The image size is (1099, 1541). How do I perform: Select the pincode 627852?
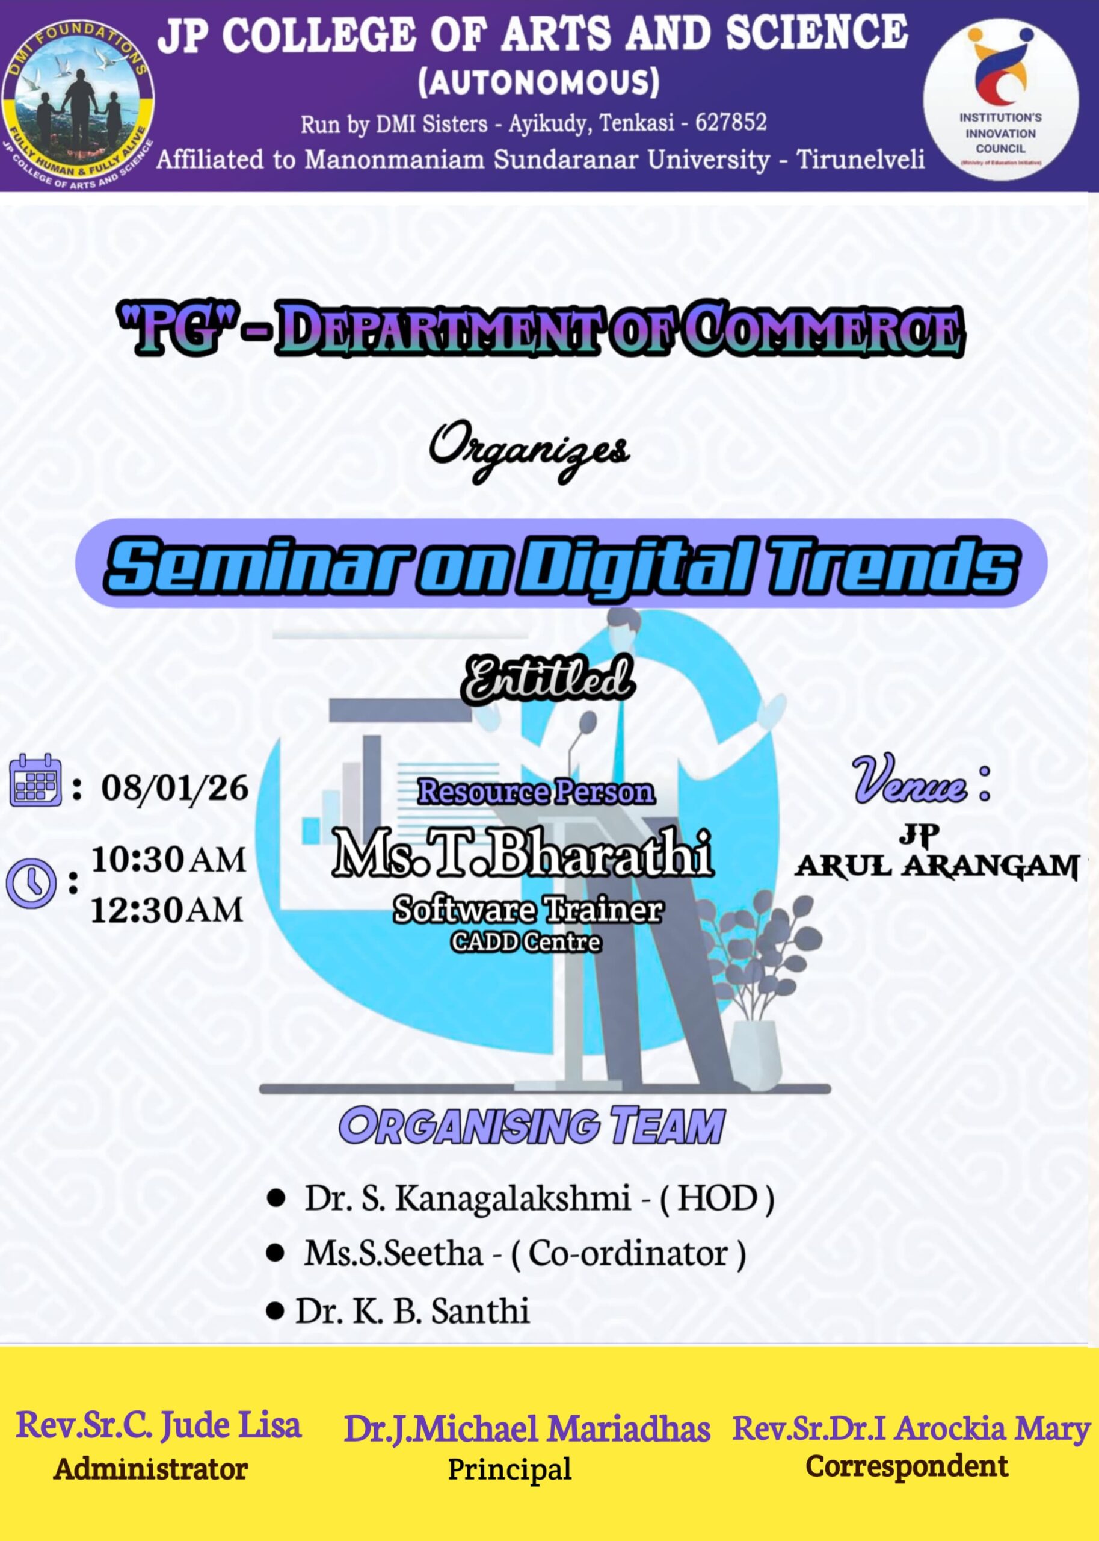click(731, 123)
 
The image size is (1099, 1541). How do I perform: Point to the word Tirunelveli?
click(860, 160)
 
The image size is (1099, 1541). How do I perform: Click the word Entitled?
click(547, 678)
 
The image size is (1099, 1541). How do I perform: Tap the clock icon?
click(31, 882)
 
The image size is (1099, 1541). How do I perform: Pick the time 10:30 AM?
click(168, 859)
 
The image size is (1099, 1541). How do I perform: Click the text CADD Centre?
click(526, 942)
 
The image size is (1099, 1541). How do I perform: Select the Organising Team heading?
click(532, 1126)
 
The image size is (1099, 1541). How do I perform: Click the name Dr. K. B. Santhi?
click(412, 1311)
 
